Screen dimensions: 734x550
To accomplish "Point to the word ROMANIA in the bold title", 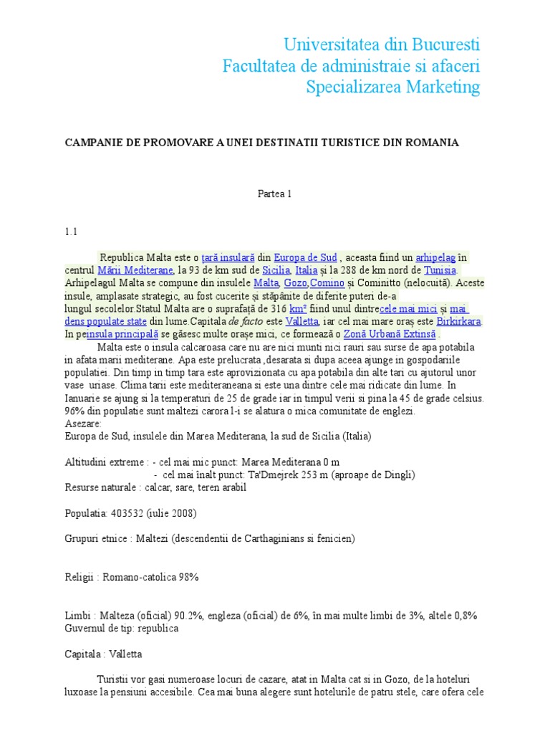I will point(433,143).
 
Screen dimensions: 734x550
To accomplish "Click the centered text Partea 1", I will point(274,194).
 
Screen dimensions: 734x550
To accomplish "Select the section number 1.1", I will point(70,232).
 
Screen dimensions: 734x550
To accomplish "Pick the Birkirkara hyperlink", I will point(457,322).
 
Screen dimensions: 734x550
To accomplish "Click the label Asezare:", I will point(83,424).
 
